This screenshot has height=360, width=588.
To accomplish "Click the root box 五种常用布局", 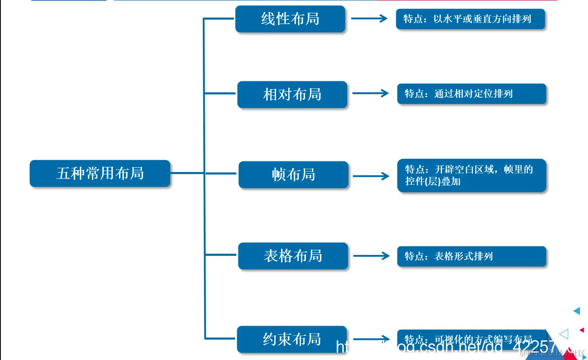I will [x=100, y=173].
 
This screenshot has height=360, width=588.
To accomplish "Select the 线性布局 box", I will [x=290, y=19].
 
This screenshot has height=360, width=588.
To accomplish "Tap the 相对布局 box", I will [x=292, y=94].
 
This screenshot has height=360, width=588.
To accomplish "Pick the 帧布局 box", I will [x=293, y=175].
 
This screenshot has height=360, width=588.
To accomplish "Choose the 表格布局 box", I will [x=293, y=256].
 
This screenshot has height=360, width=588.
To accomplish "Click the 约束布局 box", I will [x=292, y=339].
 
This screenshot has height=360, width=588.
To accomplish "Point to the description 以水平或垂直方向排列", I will [x=470, y=19].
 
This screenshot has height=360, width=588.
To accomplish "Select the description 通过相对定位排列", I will [x=471, y=94].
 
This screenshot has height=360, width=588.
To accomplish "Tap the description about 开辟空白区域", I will [x=471, y=175].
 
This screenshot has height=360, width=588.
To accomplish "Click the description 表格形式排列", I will [x=471, y=256].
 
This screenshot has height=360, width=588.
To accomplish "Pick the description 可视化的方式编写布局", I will [x=470, y=339].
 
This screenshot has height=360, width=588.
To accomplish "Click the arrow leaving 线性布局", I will [x=369, y=18].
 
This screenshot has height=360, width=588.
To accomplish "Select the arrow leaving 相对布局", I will [x=370, y=93].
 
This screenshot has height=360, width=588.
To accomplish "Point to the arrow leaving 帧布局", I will [x=371, y=176].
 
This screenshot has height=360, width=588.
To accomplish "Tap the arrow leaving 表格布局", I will [x=371, y=256].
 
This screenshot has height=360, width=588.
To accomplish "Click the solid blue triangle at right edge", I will [x=577, y=311].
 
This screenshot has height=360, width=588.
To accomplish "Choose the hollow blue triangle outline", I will [x=564, y=334].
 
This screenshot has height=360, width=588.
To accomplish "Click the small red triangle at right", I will [x=582, y=330].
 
